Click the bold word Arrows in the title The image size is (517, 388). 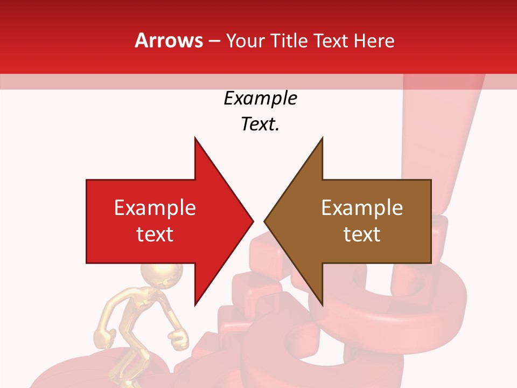click(x=169, y=40)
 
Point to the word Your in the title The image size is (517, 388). click(x=245, y=40)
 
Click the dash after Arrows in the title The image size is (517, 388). click(x=214, y=41)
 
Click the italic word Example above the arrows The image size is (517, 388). click(x=260, y=98)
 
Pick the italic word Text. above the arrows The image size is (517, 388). click(x=260, y=124)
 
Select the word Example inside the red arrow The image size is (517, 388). click(x=155, y=207)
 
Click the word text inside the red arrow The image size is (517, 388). click(x=155, y=234)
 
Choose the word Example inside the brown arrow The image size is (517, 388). click(x=362, y=207)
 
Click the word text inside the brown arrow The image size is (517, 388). click(x=362, y=234)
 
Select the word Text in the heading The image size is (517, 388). click(x=331, y=40)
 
